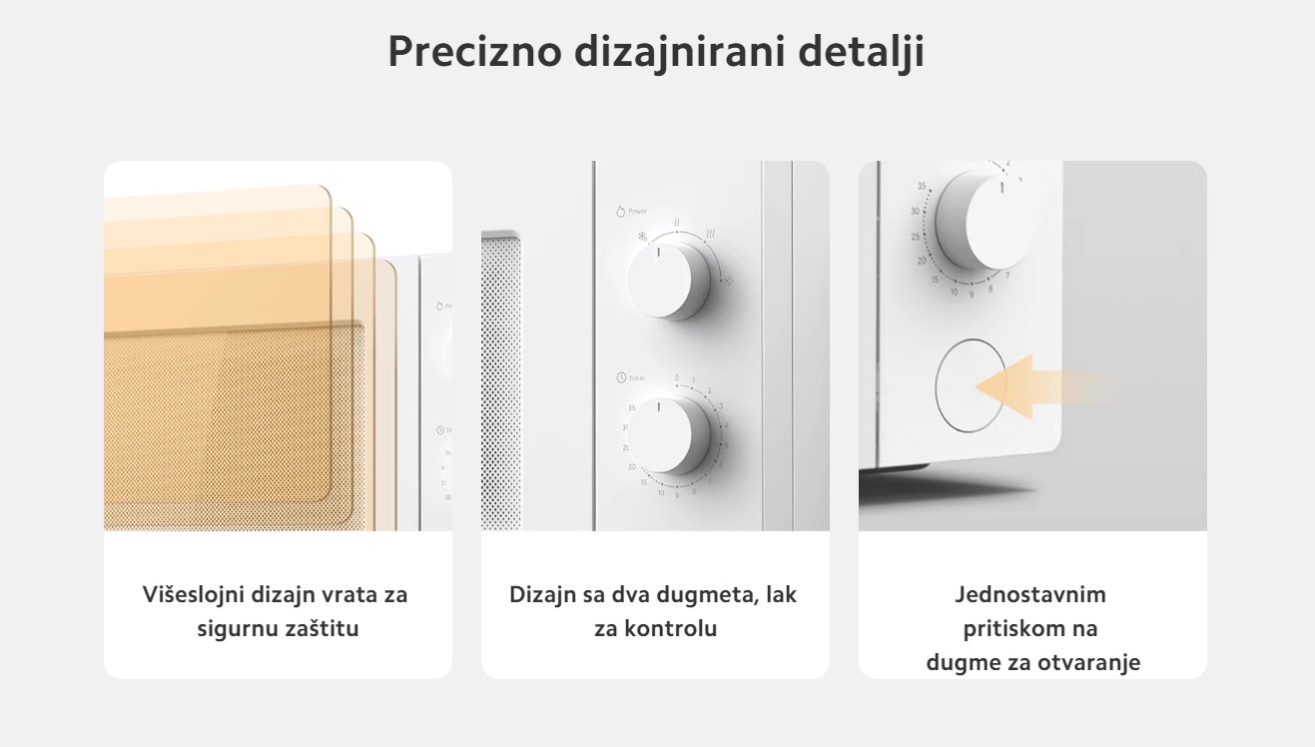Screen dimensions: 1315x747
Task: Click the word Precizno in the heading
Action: (x=475, y=51)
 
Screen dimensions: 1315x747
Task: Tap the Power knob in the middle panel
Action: (x=668, y=280)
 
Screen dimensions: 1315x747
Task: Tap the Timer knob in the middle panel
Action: (x=668, y=435)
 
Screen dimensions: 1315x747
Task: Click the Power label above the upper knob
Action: (x=638, y=211)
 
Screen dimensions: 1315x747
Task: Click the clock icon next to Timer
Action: (x=621, y=377)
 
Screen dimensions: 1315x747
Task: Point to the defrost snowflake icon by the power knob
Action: (x=643, y=237)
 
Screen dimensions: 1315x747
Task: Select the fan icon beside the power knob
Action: (x=729, y=282)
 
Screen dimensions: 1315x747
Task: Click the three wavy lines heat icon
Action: (x=710, y=234)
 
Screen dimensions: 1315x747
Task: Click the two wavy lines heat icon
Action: (x=677, y=223)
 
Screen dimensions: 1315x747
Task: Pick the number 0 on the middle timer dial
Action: (x=677, y=377)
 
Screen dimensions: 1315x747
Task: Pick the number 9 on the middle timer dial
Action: (x=677, y=495)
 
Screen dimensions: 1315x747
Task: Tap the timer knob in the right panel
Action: (x=984, y=221)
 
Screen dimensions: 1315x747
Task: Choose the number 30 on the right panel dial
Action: (x=916, y=211)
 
